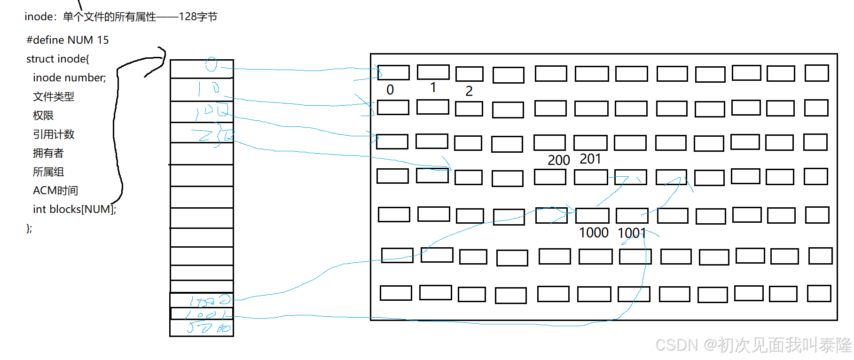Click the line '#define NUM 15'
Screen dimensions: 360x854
[68, 40]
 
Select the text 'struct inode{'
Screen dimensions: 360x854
[57, 59]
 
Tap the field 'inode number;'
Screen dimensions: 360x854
[69, 78]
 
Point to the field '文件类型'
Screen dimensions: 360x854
[54, 96]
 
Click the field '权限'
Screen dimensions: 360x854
[43, 115]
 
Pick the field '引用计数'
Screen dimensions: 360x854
[54, 134]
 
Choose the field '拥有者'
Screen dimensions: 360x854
[48, 153]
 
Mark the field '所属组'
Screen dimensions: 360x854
[48, 172]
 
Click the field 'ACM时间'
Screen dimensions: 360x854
[55, 190]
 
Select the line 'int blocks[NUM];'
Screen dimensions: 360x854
[74, 209]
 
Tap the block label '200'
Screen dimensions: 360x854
[559, 160]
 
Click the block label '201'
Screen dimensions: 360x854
[590, 159]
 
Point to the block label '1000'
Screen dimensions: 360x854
[594, 233]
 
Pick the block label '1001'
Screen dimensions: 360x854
[631, 233]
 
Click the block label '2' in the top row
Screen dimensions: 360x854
[469, 91]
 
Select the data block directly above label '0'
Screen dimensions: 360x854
[393, 72]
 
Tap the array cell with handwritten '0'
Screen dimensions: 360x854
[202, 69]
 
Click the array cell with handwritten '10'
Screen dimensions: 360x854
[202, 89]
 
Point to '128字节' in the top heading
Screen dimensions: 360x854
[198, 17]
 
